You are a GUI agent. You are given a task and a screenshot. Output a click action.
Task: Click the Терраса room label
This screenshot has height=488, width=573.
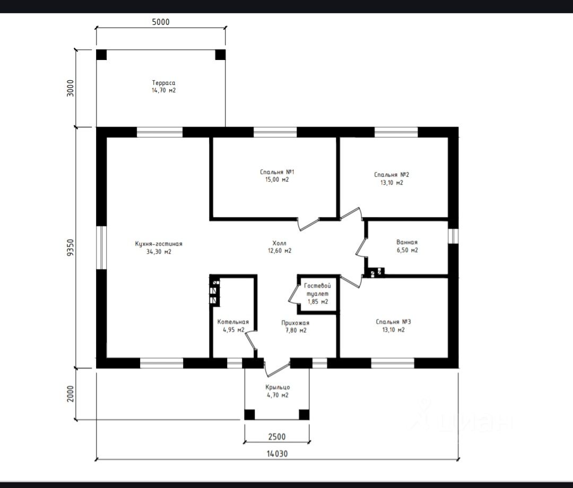pos(164,83)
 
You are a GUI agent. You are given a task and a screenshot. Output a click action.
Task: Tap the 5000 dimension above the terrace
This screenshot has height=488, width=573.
pos(161,22)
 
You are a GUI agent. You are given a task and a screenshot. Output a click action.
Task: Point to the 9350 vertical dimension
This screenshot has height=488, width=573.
pos(71,247)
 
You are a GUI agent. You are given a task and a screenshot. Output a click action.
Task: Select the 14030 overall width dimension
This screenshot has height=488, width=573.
pos(277,454)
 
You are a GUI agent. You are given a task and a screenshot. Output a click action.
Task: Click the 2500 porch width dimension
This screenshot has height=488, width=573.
pos(277,436)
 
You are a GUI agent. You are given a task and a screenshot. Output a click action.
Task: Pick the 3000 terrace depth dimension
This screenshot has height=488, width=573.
pos(71,88)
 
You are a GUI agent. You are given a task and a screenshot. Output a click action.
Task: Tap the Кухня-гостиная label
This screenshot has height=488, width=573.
pos(159,244)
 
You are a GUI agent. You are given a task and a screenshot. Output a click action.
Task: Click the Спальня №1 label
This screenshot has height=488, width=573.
pos(277,172)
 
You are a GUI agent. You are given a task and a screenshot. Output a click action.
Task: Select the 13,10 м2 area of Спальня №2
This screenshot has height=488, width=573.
pos(392,183)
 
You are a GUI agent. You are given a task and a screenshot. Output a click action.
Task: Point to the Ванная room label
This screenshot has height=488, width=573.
pos(407,242)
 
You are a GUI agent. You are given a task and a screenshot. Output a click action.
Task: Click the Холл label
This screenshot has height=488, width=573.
pos(280,243)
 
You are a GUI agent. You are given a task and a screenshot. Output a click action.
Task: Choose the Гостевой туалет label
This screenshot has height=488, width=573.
pos(318,290)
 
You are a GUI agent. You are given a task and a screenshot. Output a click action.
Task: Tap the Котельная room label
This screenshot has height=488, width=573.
pos(233,322)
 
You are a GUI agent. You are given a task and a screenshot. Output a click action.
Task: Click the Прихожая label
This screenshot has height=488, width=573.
pos(296,323)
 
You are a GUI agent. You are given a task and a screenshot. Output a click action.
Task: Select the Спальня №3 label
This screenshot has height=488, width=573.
pos(393,322)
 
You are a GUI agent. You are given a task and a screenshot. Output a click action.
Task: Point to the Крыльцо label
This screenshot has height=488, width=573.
pos(277,388)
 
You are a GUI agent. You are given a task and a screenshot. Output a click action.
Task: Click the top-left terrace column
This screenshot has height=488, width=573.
pos(101,55)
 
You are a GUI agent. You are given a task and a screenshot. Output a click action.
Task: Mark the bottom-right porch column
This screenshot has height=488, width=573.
pos(304,415)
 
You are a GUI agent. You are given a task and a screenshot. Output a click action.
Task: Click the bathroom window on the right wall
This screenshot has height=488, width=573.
pos(453,236)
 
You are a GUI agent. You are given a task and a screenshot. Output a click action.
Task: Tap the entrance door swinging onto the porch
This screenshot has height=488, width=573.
pos(277,369)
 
